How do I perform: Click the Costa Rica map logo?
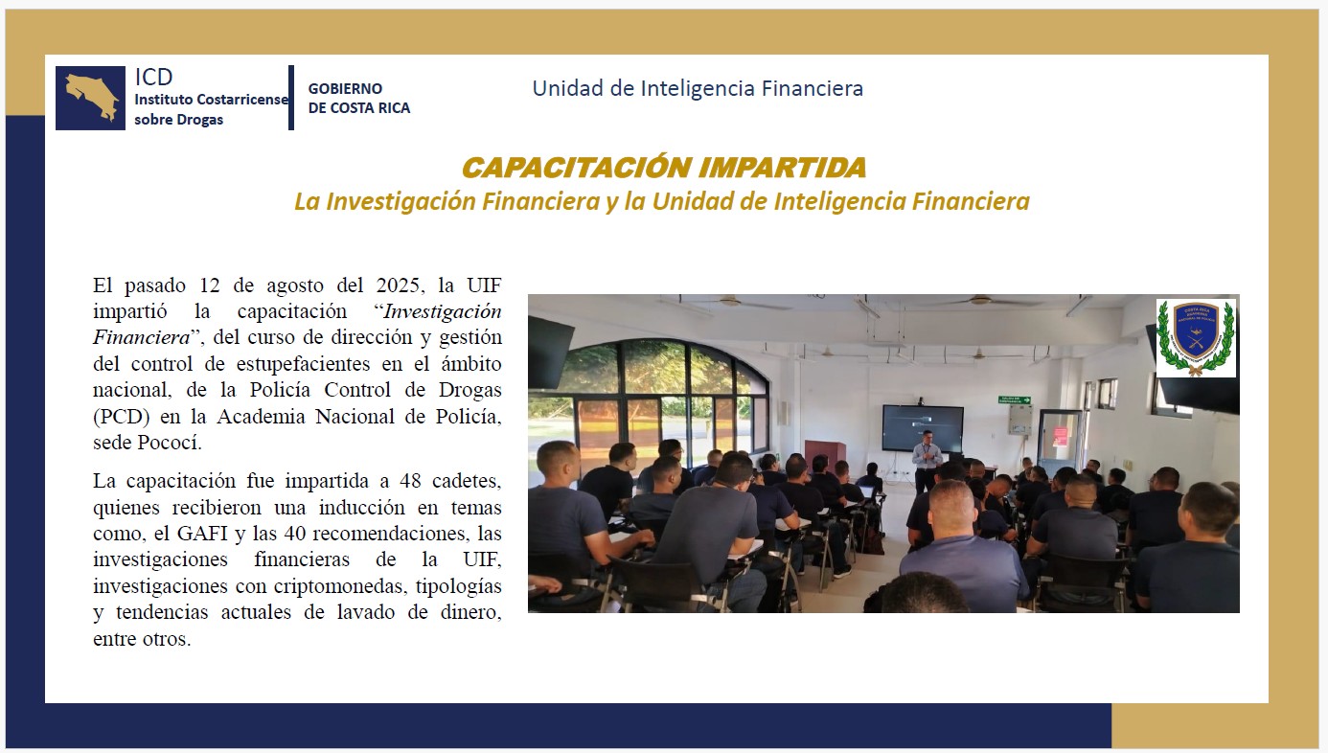pyautogui.click(x=90, y=98)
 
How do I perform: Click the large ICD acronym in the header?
pyautogui.click(x=153, y=77)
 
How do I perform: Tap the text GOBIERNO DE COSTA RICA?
pyautogui.click(x=358, y=98)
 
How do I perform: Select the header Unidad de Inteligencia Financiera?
pyautogui.click(x=698, y=88)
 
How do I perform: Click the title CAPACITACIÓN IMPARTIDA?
pyautogui.click(x=663, y=168)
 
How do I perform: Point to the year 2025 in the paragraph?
pyautogui.click(x=401, y=285)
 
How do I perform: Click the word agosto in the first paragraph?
pyautogui.click(x=295, y=285)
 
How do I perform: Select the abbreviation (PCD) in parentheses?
pyautogui.click(x=122, y=417)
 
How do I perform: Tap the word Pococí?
pyautogui.click(x=170, y=443)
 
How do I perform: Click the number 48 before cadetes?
pyautogui.click(x=410, y=480)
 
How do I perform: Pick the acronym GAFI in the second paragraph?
pyautogui.click(x=203, y=533)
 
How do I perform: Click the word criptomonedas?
pyautogui.click(x=340, y=586)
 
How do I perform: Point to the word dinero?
pyautogui.click(x=470, y=612)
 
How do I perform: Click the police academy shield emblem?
pyautogui.click(x=1196, y=338)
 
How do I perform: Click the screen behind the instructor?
pyautogui.click(x=923, y=427)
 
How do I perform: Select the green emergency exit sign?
pyautogui.click(x=1015, y=399)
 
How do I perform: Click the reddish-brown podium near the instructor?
pyautogui.click(x=825, y=457)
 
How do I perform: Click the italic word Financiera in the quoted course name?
pyautogui.click(x=141, y=337)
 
